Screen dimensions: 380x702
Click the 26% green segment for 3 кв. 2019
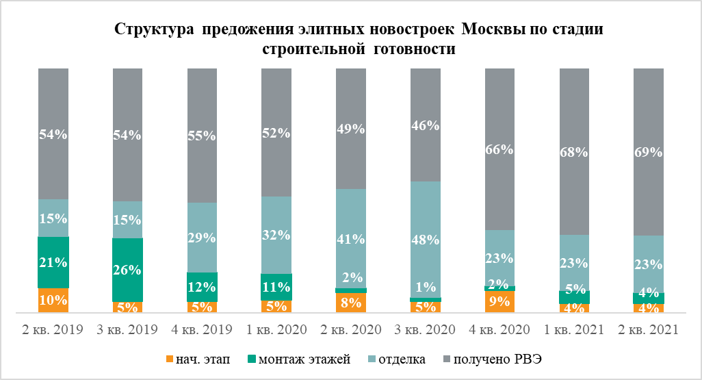pos(127,270)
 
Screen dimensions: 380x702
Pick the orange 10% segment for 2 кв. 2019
pos(53,300)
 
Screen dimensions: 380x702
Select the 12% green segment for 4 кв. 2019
pos(202,287)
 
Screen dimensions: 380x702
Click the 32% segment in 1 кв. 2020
pos(276,235)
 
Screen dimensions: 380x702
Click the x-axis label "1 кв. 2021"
pos(574,330)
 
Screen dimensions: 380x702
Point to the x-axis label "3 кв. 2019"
pos(127,330)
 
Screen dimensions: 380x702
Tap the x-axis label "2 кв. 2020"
pos(351,330)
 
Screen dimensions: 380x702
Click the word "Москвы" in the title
pos(490,30)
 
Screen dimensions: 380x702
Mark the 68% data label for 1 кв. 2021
pos(574,152)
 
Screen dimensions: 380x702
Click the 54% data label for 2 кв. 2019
pos(53,135)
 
